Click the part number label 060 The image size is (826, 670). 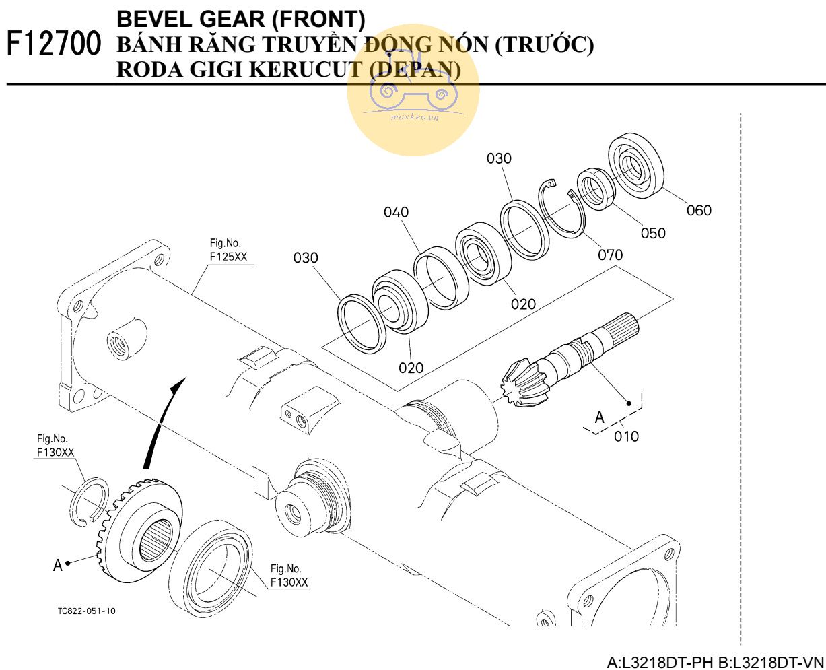point(699,211)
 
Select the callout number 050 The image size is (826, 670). point(653,233)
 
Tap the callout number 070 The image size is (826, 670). point(610,255)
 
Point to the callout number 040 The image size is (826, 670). point(397,213)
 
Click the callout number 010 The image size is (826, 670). point(626,436)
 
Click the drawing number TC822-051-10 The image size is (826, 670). point(86,611)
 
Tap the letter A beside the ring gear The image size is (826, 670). point(58,564)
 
